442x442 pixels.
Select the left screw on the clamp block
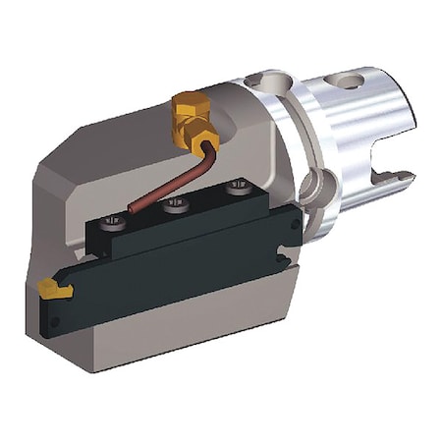coord(115,221)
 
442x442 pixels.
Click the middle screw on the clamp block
coord(176,204)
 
